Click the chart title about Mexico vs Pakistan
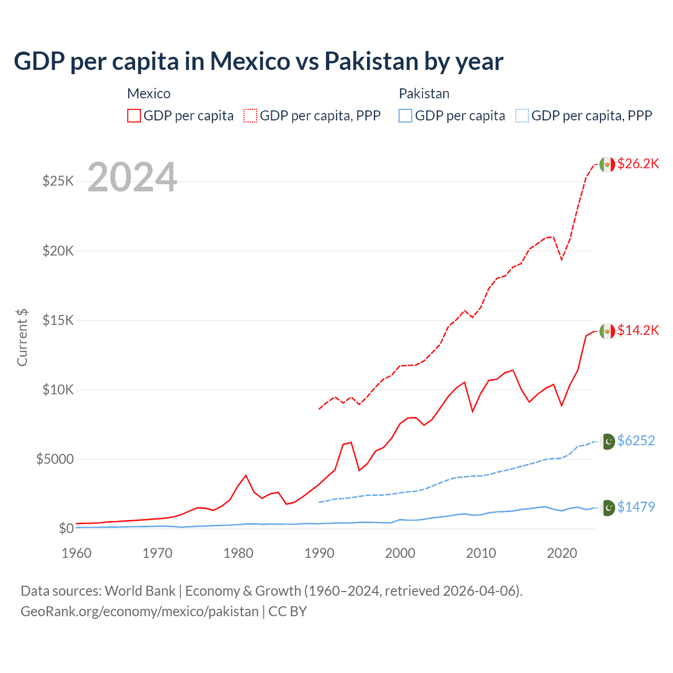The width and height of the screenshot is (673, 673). (258, 61)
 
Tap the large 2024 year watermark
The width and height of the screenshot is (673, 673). (132, 177)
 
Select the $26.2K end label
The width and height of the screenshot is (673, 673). (638, 164)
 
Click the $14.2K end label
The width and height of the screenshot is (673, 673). (638, 330)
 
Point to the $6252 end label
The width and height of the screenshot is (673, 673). (636, 441)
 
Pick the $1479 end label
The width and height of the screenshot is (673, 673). (636, 507)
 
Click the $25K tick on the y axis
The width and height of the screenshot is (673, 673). (58, 181)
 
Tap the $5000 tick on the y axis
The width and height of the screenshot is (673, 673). (55, 459)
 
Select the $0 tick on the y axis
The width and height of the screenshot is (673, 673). (66, 528)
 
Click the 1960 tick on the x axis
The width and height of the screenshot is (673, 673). (76, 553)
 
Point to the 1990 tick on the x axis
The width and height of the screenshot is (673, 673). (319, 553)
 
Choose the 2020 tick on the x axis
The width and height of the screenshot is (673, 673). (562, 553)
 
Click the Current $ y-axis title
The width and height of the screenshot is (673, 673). (22, 337)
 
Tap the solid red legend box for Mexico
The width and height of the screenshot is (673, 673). (134, 116)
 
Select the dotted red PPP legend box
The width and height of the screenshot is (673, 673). (250, 116)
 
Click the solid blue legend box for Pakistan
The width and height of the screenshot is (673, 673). (405, 116)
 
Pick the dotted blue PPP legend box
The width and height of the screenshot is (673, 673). (522, 116)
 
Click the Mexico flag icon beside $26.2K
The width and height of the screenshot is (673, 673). (607, 165)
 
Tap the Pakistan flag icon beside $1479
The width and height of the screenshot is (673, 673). (607, 508)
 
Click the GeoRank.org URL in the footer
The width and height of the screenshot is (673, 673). (139, 611)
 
